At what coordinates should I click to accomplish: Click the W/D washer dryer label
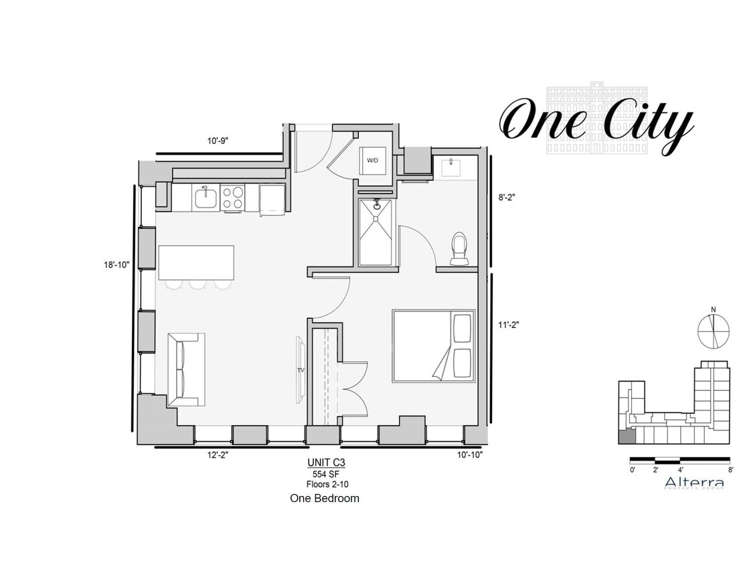(372, 161)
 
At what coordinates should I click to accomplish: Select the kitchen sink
(205, 199)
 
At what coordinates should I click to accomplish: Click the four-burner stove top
(232, 198)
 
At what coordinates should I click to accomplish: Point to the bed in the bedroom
(433, 345)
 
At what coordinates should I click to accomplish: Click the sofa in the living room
(185, 369)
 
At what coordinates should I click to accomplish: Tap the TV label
(301, 370)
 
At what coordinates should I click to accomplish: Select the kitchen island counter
(196, 262)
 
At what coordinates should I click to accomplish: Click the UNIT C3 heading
(326, 462)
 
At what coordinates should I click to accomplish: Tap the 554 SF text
(326, 473)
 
